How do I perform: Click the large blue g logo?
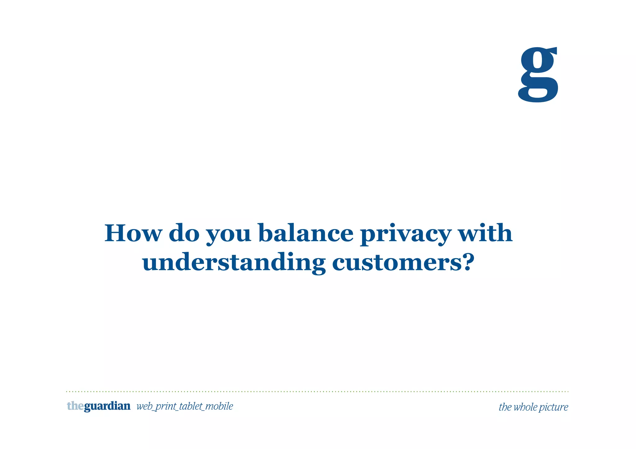pos(538,74)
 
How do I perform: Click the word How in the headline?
pos(133,233)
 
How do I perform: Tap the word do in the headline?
pos(184,233)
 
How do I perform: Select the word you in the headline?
pos(229,235)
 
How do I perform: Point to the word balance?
pos(306,233)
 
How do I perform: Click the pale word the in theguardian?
pos(75,406)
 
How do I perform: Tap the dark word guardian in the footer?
pos(107,406)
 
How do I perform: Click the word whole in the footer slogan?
pos(525,407)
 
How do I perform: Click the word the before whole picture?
pos(505,407)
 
